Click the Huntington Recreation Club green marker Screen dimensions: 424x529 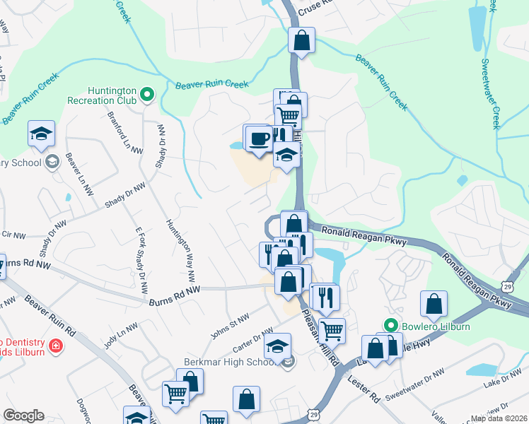pos(147,93)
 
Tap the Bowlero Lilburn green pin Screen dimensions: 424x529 pos(388,326)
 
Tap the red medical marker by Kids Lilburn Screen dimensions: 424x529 pos(54,347)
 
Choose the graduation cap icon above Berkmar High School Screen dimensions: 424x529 pos(278,346)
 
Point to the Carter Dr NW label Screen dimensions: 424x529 pos(252,341)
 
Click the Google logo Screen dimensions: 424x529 pos(23,416)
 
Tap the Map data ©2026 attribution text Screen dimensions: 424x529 pos(499,418)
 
